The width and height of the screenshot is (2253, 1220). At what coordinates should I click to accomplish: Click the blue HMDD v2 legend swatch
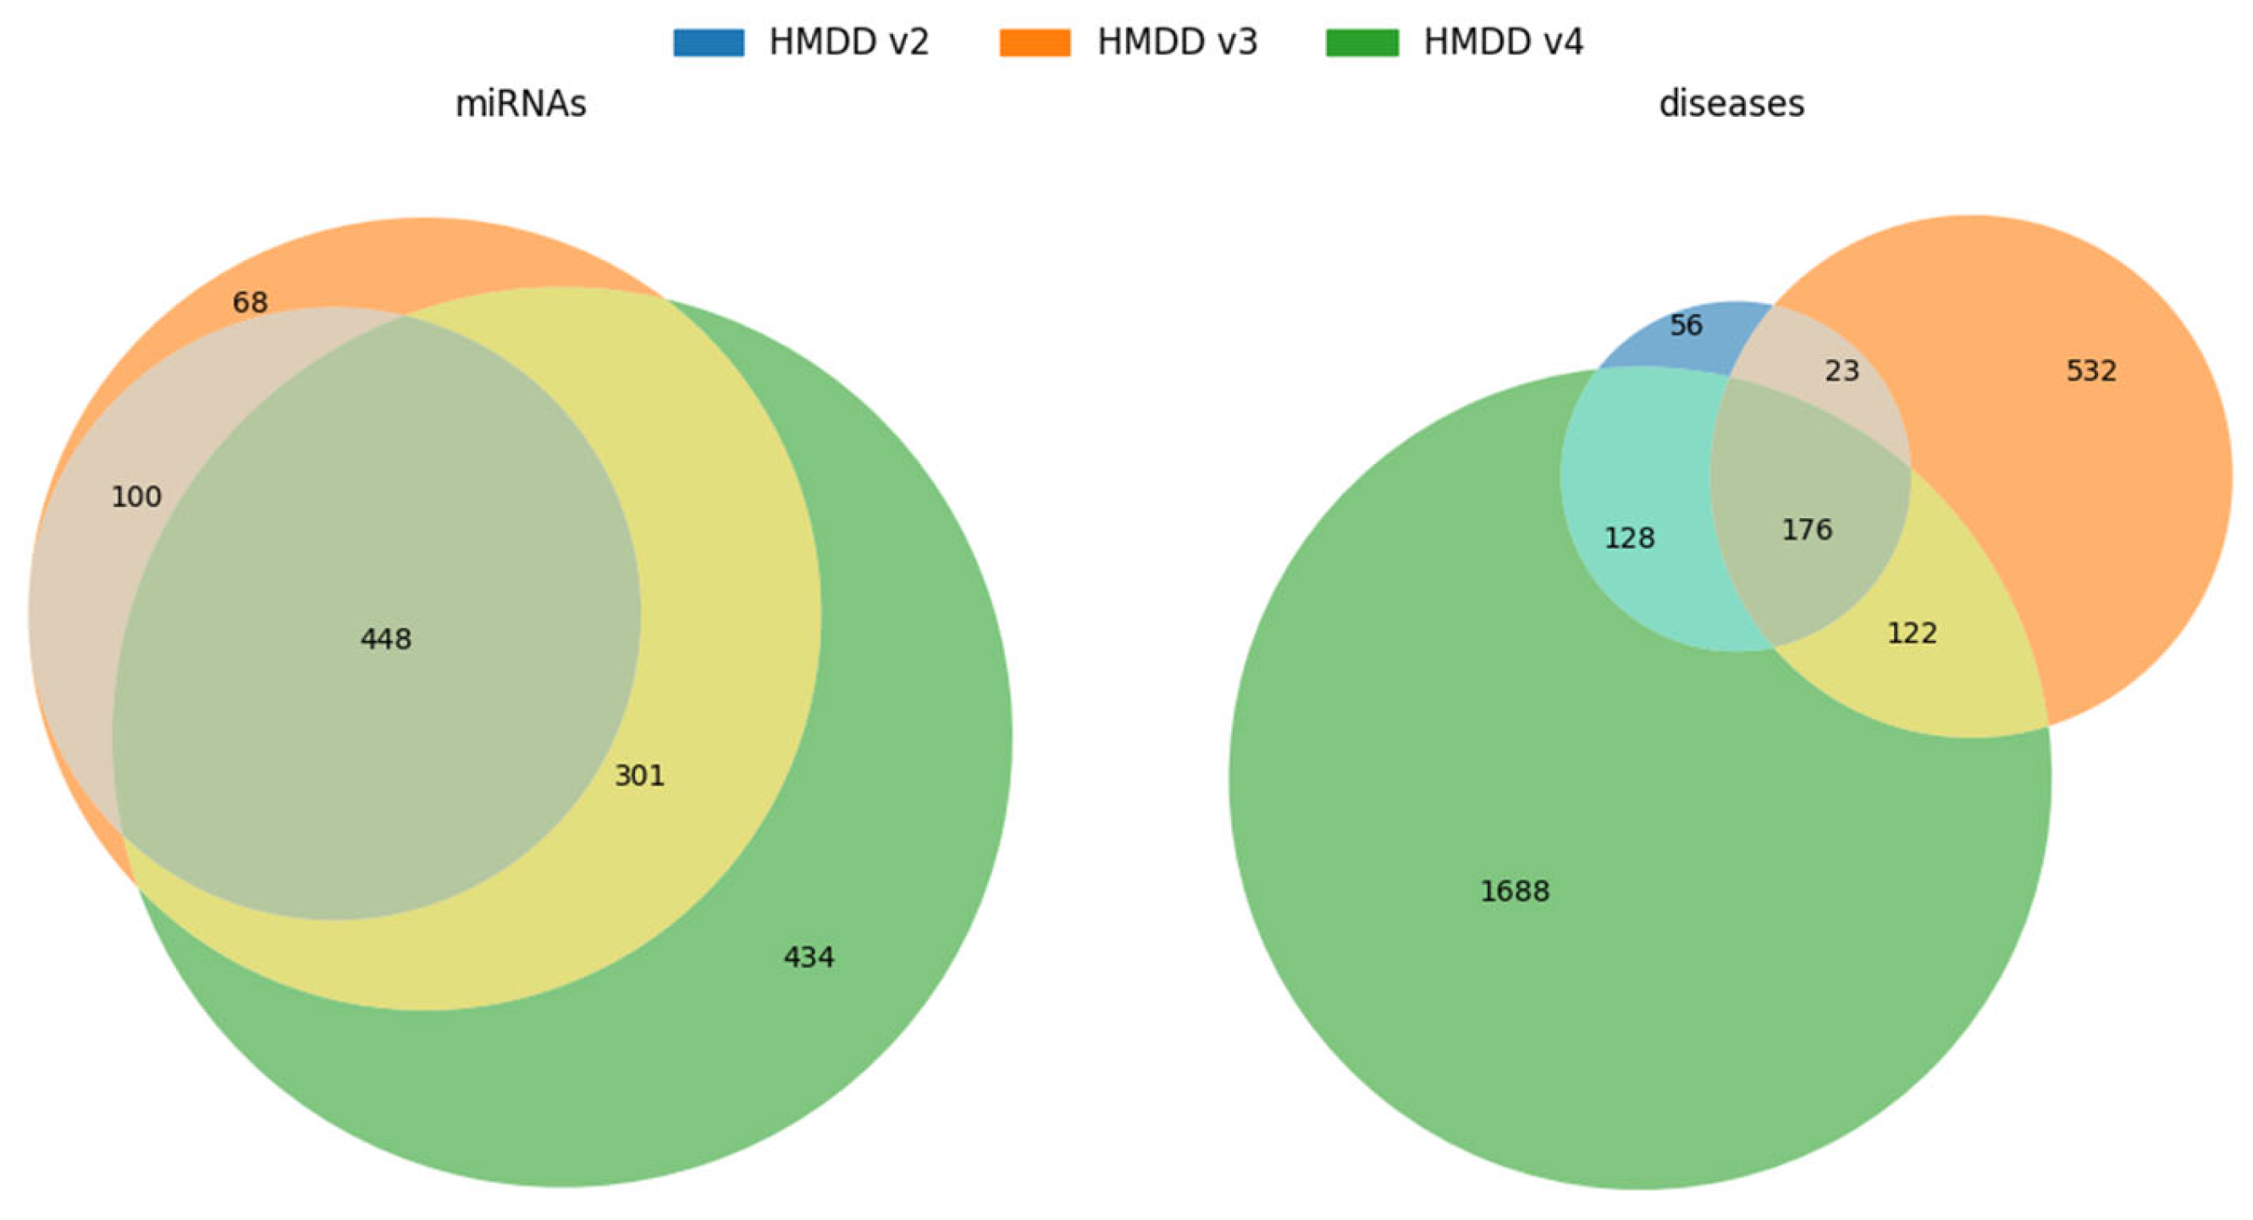tap(709, 42)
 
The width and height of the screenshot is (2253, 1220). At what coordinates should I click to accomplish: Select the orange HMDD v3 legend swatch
tap(1035, 42)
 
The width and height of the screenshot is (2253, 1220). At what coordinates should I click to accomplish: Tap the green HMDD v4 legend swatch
tap(1361, 42)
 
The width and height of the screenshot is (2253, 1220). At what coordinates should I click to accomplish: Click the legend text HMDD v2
tap(848, 42)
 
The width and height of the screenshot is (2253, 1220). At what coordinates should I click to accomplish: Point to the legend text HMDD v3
tap(1176, 42)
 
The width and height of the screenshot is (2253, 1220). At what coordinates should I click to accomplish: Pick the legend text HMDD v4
tap(1503, 42)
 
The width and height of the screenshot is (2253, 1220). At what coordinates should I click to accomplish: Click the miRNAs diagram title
tap(521, 104)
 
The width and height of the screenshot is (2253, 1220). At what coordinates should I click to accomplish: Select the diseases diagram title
tap(1731, 104)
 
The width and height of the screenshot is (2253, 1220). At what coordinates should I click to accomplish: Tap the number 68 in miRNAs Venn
tap(249, 302)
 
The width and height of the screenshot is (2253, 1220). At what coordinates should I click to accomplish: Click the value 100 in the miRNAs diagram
tap(136, 497)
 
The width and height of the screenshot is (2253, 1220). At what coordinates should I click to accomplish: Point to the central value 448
tap(386, 639)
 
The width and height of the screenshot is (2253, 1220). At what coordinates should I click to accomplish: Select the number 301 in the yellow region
tap(639, 776)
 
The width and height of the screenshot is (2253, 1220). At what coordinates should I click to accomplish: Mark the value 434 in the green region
tap(808, 958)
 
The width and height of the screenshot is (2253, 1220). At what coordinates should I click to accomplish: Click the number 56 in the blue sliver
tap(1686, 325)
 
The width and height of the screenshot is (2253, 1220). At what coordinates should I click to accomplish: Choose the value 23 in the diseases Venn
tap(1841, 371)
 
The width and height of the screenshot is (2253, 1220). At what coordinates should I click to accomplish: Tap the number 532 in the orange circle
tap(2091, 371)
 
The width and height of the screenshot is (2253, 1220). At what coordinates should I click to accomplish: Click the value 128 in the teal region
tap(1629, 538)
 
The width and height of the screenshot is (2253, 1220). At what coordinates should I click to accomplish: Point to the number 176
tap(1807, 530)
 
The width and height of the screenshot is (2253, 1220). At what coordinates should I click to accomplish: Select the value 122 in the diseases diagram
tap(1912, 633)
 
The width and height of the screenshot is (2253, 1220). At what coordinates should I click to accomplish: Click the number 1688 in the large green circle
tap(1515, 892)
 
